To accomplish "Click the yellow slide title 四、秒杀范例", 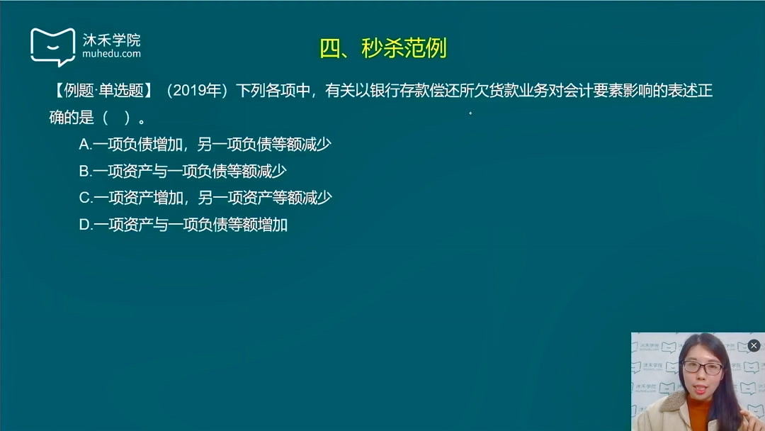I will (x=383, y=48).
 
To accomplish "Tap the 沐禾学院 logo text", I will (x=111, y=39).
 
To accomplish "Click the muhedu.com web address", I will (x=111, y=54).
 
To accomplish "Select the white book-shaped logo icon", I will (x=52, y=46).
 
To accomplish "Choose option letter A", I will (x=84, y=144).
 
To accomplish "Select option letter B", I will (x=84, y=171).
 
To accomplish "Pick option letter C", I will (x=85, y=198).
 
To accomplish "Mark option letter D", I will (x=85, y=225).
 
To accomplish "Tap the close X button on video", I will (x=754, y=345).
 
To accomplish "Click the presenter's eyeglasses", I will (x=702, y=368).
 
